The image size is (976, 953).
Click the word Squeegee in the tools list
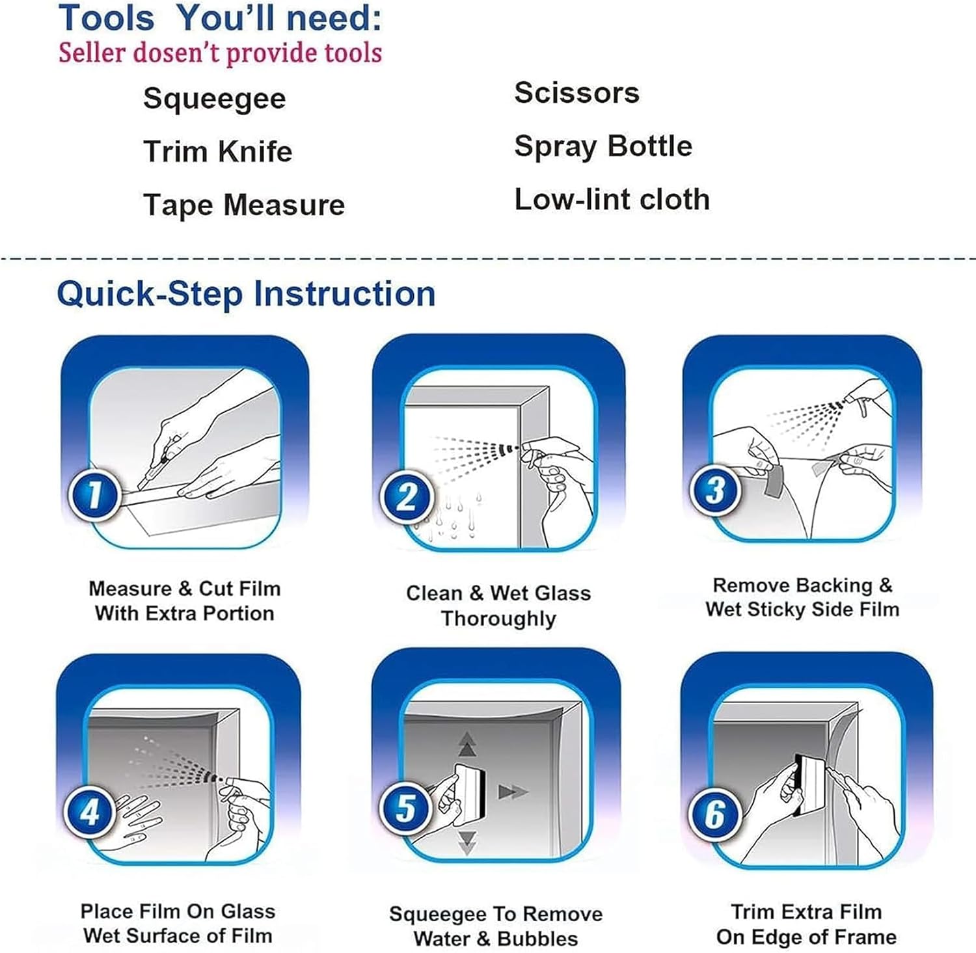click(214, 100)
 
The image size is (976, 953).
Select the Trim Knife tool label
click(217, 152)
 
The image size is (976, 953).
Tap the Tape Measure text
click(244, 205)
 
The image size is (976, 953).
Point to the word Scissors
click(576, 93)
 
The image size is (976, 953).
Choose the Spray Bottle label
click(603, 146)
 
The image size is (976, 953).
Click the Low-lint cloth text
click(612, 200)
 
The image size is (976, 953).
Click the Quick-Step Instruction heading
click(246, 293)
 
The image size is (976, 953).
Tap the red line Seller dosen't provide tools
click(220, 53)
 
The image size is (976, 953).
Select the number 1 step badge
click(95, 494)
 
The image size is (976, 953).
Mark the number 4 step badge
click(90, 811)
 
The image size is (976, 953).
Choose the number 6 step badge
click(715, 814)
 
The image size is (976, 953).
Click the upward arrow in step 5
click(467, 744)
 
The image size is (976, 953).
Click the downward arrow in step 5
click(467, 841)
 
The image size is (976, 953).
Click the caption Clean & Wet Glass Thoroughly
click(498, 606)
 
